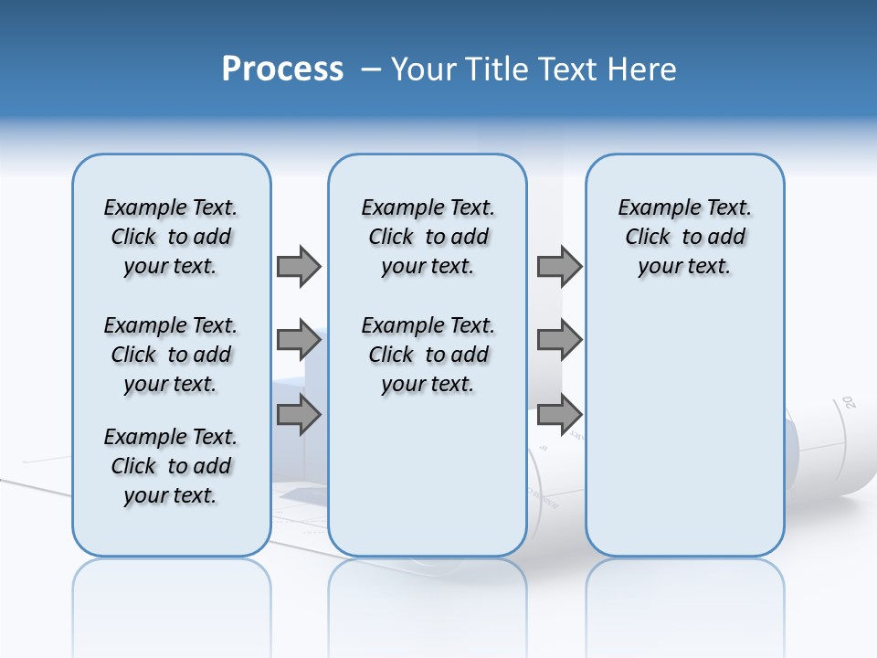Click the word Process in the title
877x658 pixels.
coord(282,69)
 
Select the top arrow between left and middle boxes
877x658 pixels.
coord(299,266)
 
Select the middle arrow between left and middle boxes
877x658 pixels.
coord(299,340)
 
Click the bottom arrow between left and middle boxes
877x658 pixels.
coord(299,415)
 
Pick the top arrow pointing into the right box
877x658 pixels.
coord(559,266)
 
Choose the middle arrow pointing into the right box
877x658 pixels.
coord(559,340)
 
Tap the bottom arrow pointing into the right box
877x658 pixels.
coord(559,415)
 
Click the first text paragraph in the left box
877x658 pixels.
coord(171,237)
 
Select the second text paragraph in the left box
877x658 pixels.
coord(171,355)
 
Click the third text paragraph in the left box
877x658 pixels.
coord(171,466)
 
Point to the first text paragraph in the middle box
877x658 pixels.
coord(428,237)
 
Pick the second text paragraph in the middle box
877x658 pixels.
coord(428,355)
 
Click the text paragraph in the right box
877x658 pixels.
coord(684,237)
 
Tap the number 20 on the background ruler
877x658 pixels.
coord(848,402)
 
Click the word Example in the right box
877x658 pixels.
coord(652,208)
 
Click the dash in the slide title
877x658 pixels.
coord(371,69)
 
